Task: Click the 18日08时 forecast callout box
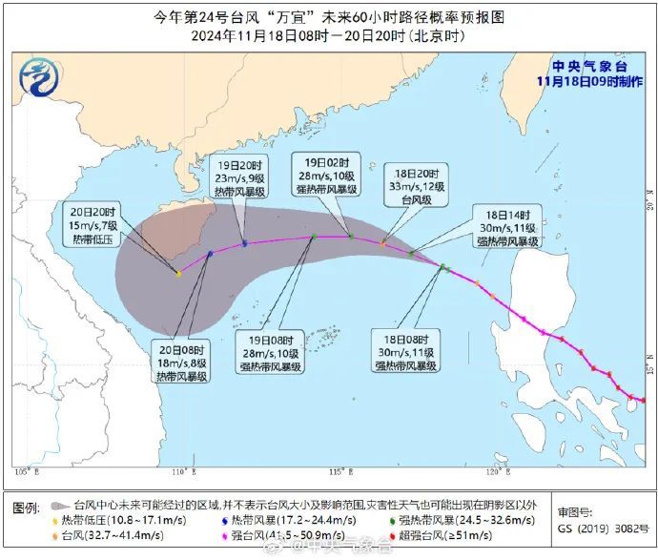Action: click(407, 351)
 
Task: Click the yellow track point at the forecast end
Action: click(178, 274)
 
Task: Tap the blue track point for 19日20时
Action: click(245, 243)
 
